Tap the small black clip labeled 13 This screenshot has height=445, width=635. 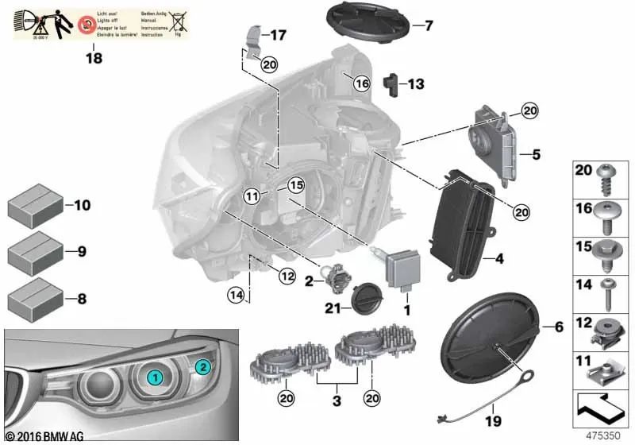point(391,83)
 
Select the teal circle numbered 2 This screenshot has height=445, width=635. point(202,367)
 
